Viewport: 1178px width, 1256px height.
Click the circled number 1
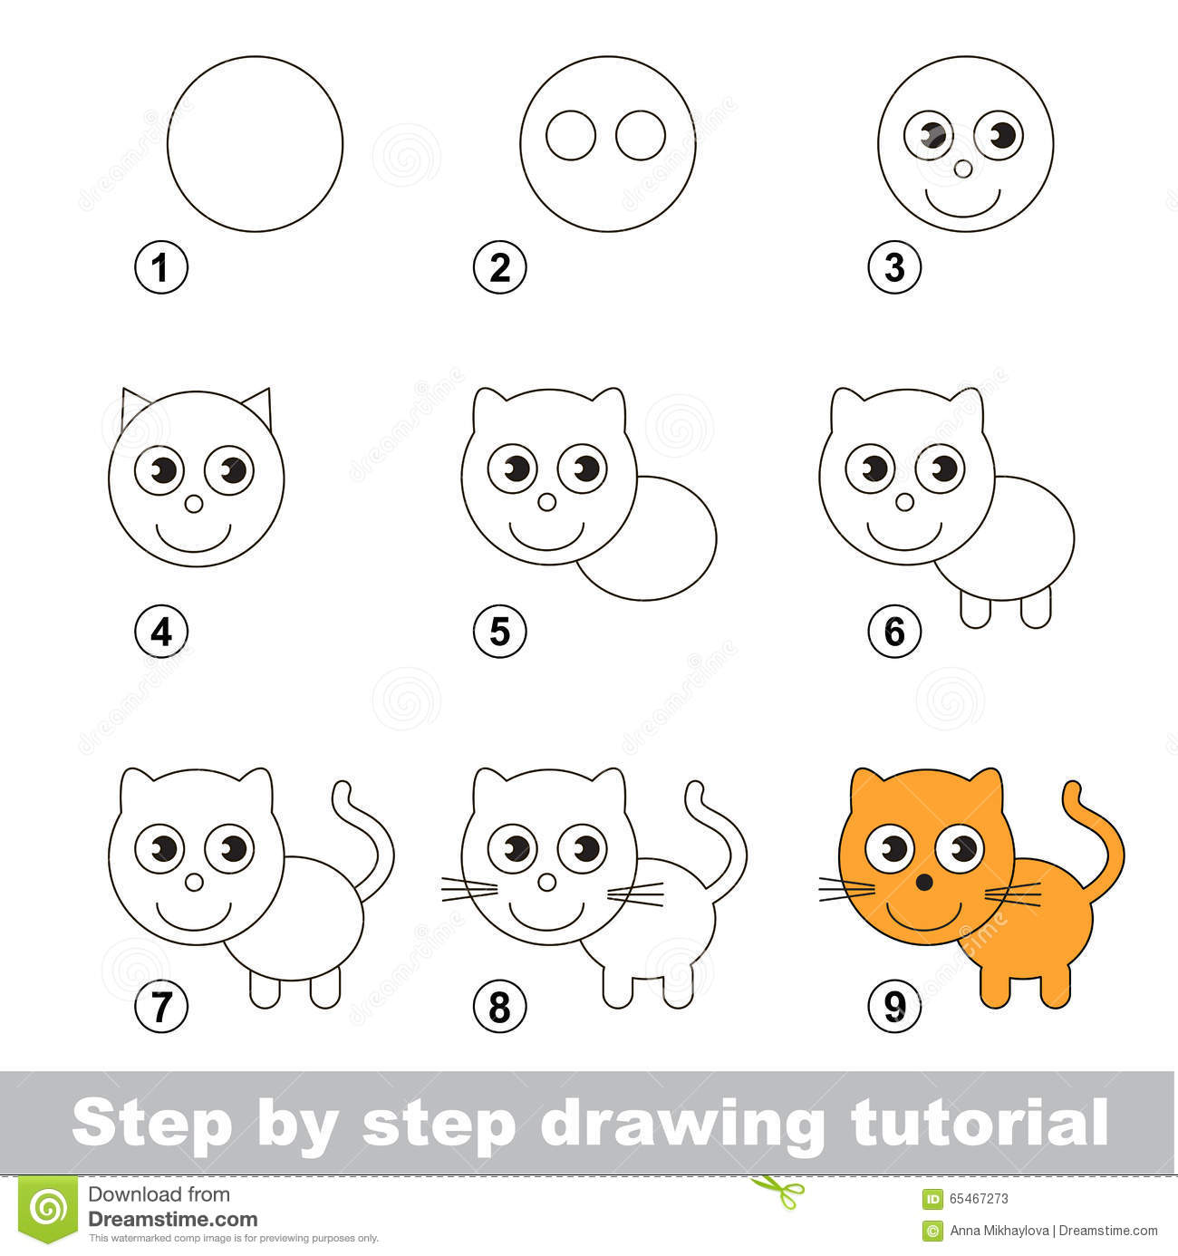click(161, 268)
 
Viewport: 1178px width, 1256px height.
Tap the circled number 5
click(499, 631)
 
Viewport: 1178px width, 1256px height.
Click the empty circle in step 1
click(255, 143)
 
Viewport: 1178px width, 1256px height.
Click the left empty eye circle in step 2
click(571, 136)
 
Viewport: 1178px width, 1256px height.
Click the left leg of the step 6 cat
click(974, 609)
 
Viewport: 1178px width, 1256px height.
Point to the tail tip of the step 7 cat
click(343, 790)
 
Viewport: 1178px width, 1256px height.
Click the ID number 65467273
click(977, 1198)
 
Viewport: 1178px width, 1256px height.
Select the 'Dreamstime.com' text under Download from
click(172, 1220)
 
